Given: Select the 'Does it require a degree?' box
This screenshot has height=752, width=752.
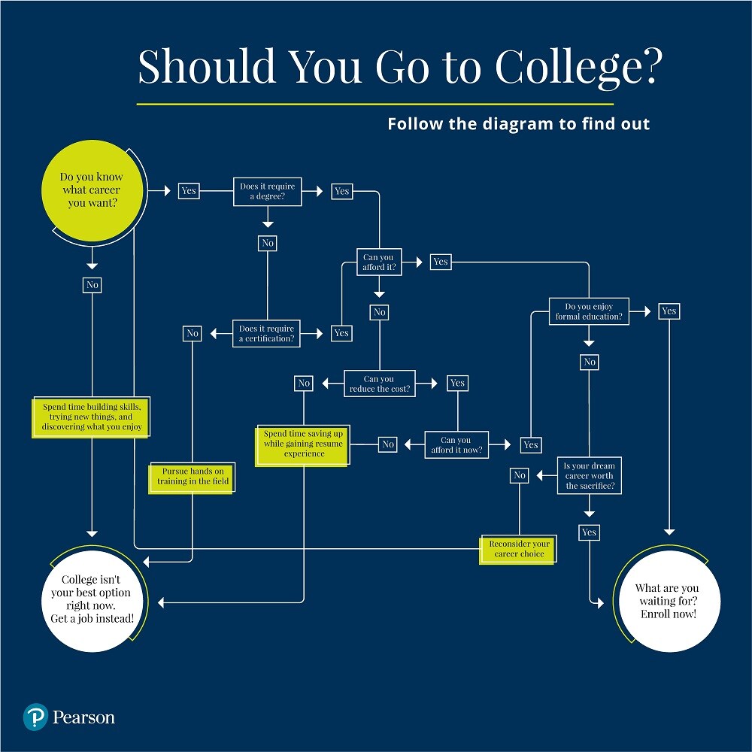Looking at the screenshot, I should [x=267, y=191].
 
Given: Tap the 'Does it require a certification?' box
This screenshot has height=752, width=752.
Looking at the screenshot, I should [x=267, y=333].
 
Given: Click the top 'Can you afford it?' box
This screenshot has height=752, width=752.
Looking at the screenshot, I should [x=378, y=262].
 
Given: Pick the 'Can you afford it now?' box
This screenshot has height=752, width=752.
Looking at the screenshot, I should [x=456, y=444].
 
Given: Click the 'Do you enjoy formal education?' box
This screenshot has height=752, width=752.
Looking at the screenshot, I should [x=589, y=311].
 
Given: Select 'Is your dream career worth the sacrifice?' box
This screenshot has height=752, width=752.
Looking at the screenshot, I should [x=589, y=476].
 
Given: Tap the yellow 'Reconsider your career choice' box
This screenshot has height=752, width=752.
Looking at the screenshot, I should [x=519, y=549].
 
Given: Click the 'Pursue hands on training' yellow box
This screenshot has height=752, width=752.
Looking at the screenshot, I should [x=193, y=476].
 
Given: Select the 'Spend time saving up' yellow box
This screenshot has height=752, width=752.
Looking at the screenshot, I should [x=303, y=444].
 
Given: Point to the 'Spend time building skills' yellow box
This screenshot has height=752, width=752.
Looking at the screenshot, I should [x=92, y=417].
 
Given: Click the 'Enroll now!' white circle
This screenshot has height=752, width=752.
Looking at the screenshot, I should [x=667, y=601].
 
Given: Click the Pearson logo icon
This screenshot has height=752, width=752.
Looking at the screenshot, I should [x=35, y=717].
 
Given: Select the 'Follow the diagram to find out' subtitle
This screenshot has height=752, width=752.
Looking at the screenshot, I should [x=518, y=124].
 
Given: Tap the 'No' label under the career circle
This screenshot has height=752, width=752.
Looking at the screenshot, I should [x=92, y=285].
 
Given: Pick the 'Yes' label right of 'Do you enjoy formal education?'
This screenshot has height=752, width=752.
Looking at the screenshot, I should [x=669, y=311].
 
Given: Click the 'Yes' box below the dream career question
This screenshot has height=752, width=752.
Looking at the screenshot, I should [x=589, y=532].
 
